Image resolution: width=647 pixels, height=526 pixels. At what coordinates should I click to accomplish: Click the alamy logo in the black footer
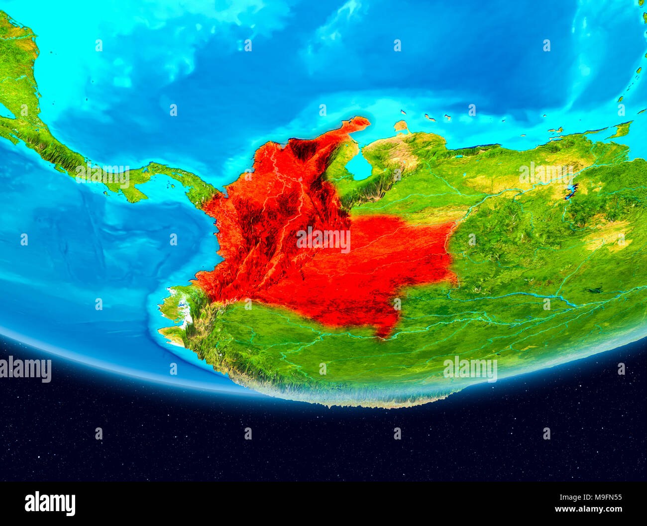pyautogui.click(x=50, y=504)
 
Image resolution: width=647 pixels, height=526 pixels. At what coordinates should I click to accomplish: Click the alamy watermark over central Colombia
pyautogui.click(x=323, y=240)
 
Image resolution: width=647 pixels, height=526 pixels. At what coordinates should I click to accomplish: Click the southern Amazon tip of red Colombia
pyautogui.click(x=383, y=333)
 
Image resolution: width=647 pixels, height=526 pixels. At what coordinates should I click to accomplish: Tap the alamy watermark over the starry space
pyautogui.click(x=470, y=369)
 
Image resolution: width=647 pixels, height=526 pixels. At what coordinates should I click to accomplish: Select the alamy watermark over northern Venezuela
pyautogui.click(x=545, y=172)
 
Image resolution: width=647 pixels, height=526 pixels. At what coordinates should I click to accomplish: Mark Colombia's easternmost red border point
pyautogui.click(x=455, y=279)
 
